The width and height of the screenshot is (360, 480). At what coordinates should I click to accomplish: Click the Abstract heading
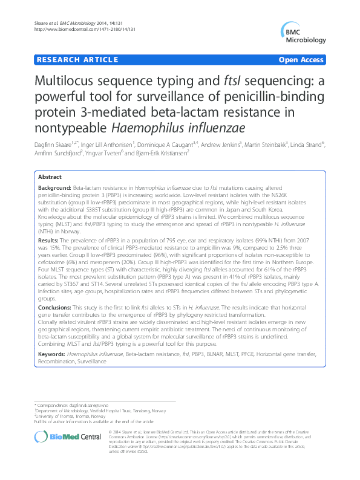point(49,177)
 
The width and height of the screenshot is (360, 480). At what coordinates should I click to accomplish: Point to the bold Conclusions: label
point(54,308)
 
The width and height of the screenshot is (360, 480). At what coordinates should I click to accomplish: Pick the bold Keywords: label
point(52,352)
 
